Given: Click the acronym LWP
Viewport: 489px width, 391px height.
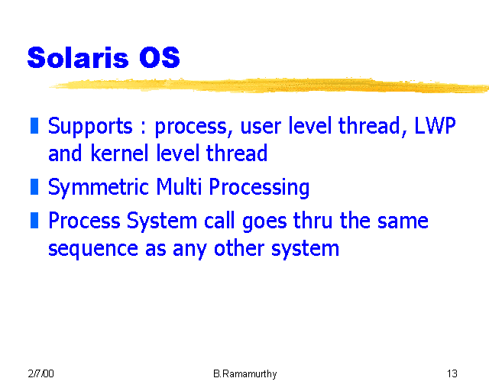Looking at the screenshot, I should [435, 125].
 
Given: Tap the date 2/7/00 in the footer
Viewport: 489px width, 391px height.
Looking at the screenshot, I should [40, 373].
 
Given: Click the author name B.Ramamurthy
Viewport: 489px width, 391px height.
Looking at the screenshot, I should [244, 373].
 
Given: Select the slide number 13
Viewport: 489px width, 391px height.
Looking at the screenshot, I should [452, 373].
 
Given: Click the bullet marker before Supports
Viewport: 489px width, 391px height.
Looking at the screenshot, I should [34, 125].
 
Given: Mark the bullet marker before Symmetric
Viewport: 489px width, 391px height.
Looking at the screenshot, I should [34, 186].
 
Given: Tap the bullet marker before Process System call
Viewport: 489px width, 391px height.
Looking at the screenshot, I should [34, 221].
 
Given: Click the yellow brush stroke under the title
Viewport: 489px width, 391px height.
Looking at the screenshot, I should [267, 84].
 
